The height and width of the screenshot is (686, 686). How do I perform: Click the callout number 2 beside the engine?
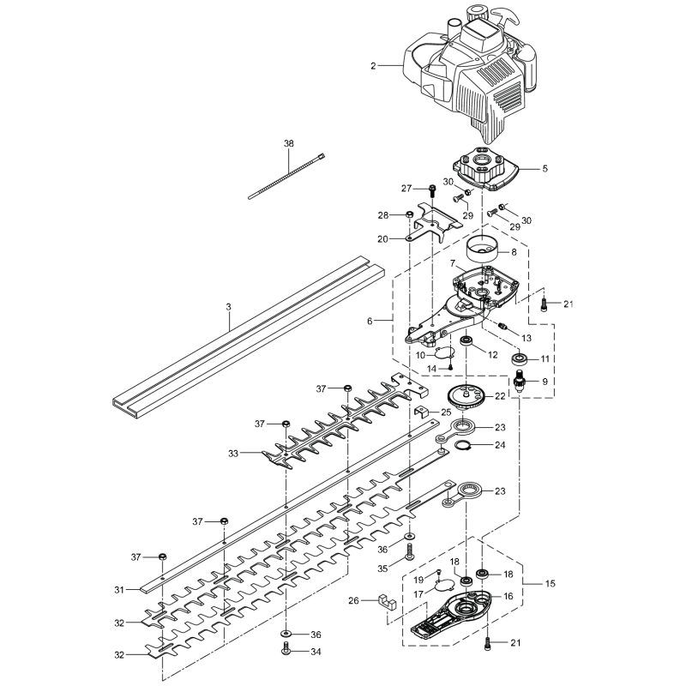pos(373,65)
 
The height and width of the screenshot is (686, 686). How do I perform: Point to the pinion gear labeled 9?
pos(521,380)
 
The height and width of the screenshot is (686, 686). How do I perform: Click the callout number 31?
pos(120,589)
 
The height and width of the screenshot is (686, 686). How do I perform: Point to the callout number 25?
pos(446,412)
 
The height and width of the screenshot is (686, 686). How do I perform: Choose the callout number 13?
pos(527,337)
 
